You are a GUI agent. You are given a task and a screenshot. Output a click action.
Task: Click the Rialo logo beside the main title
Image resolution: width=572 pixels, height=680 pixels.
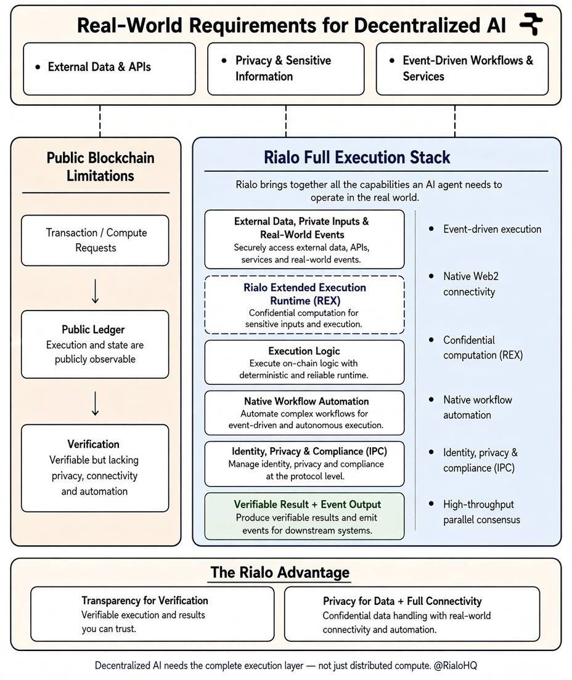pos(531,24)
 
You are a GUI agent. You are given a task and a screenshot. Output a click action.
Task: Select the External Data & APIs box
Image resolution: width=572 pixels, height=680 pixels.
pos(109,68)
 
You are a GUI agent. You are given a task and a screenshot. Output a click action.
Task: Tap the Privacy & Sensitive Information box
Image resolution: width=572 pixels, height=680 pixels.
pos(285,68)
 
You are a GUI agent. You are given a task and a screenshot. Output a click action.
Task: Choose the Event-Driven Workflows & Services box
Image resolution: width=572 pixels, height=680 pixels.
pos(462,68)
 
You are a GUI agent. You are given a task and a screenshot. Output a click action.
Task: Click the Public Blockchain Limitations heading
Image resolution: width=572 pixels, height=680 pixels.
pos(100,166)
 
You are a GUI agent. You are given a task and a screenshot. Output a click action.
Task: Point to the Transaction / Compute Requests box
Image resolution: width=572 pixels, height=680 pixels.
pos(95,240)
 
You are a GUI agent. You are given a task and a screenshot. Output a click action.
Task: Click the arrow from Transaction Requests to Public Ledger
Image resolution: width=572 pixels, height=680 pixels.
pos(95,291)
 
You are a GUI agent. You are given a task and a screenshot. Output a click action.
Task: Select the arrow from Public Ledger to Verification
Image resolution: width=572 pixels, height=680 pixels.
pos(95,403)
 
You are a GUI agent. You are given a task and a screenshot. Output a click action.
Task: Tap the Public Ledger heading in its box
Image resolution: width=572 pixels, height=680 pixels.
pos(93,330)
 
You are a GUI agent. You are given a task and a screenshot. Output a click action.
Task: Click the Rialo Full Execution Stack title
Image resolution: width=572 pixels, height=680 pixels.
pos(357,157)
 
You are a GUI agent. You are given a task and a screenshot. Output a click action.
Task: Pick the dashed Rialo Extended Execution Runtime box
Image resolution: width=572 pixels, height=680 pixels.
pos(304,305)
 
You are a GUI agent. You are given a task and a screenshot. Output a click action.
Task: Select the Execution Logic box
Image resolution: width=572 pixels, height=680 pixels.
pos(304,362)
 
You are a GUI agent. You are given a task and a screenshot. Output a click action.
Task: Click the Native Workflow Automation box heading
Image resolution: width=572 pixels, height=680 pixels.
pos(306,401)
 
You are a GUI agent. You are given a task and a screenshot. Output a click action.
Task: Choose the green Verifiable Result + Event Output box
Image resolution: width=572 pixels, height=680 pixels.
pos(304,516)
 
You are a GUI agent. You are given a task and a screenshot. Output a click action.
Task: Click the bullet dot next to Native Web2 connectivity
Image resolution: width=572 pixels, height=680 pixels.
pos(431,276)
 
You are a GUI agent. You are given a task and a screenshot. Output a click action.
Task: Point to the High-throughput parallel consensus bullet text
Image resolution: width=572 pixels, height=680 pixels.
pos(481,512)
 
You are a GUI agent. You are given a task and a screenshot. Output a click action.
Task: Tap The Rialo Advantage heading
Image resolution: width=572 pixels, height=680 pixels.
pos(280,572)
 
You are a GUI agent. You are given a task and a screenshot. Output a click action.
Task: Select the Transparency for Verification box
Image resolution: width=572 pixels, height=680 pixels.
pos(152,614)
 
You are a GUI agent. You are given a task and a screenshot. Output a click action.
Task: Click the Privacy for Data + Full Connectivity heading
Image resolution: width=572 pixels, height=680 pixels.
pos(402,601)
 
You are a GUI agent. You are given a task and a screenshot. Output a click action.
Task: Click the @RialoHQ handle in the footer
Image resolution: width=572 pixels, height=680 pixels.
pos(456,665)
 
